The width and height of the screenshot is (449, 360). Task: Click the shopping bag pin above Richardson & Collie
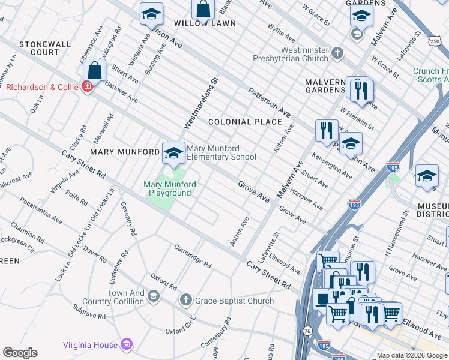tap(95, 70)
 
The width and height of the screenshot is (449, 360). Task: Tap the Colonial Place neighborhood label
tap(245, 122)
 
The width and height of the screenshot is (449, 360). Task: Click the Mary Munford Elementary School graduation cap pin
tap(173, 152)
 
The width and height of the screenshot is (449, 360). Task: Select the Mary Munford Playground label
tap(167, 188)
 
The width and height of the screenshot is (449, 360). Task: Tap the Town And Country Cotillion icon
tap(154, 296)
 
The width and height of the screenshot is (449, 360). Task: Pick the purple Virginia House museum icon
tap(127, 344)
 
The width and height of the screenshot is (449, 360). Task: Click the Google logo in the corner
tap(20, 353)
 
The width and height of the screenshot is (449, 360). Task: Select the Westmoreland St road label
tap(200, 102)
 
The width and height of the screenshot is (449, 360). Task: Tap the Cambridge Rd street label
tap(193, 256)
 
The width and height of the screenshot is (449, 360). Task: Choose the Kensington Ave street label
tap(331, 165)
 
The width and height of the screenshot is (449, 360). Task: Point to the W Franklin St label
tap(357, 119)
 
